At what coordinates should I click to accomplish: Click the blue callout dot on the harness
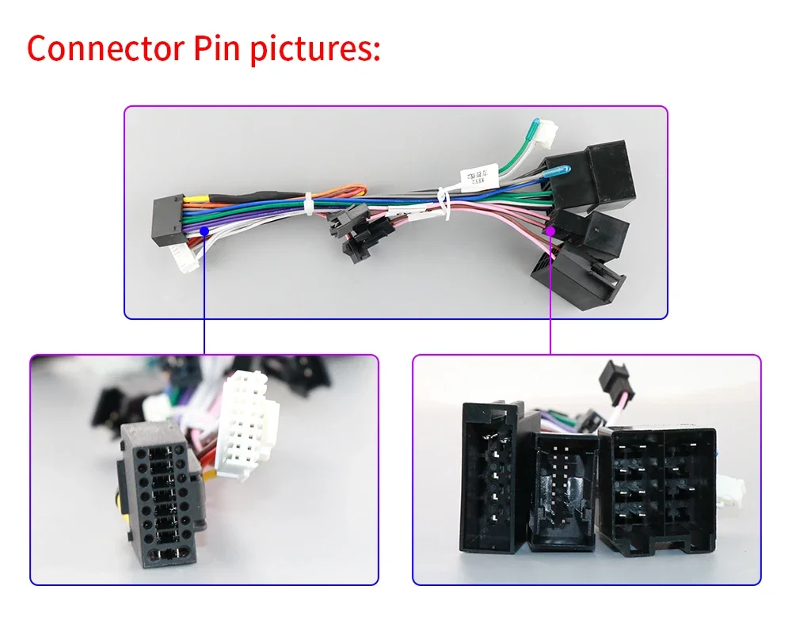(x=204, y=230)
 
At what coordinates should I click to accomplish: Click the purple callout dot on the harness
(x=550, y=230)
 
